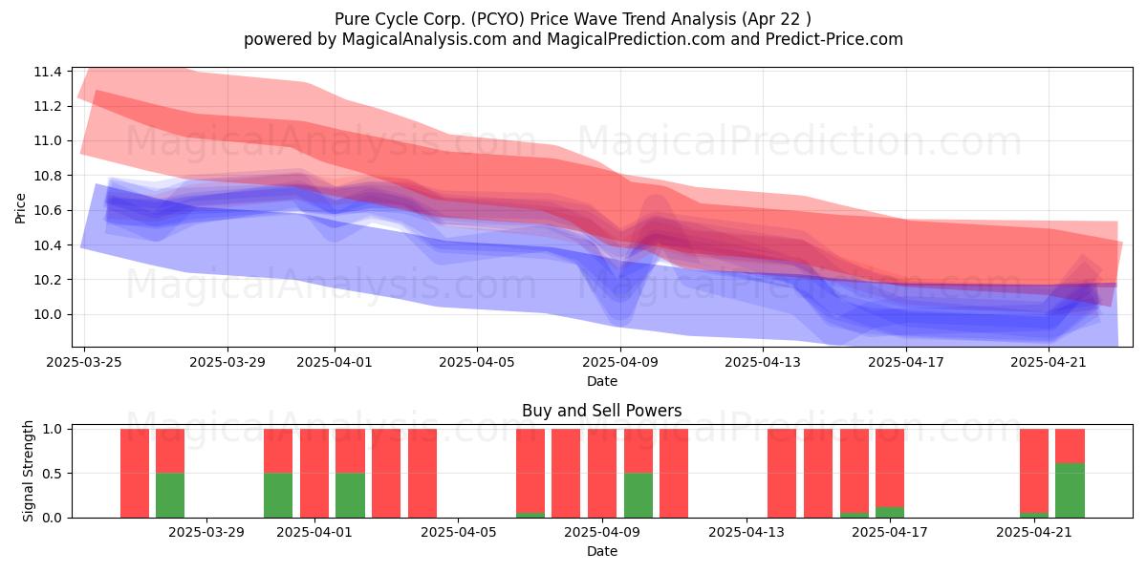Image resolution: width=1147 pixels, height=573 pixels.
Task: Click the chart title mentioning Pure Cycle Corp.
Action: coord(573,19)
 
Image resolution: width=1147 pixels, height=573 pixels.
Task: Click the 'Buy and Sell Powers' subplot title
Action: coord(601,412)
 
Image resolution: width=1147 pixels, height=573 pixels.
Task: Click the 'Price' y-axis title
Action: coord(21,207)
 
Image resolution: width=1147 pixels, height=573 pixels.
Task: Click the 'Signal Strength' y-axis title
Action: coord(29,471)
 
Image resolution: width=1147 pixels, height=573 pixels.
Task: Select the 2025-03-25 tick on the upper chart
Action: coord(84,362)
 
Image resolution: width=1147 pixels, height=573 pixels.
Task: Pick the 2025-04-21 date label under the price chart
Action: coord(1050,362)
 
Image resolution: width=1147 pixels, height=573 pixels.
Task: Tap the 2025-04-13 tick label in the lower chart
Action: coord(746,532)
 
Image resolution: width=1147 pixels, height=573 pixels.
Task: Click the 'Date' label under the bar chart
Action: coord(601,551)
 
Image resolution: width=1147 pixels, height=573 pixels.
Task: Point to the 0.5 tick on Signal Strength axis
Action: coord(54,474)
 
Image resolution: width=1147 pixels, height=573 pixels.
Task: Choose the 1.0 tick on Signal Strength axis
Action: coord(54,430)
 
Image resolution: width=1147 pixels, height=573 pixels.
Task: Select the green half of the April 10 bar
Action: coord(638,495)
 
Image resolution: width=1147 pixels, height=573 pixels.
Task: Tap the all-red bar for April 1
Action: coord(314,473)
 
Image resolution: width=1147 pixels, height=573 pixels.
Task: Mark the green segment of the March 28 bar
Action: coord(170,495)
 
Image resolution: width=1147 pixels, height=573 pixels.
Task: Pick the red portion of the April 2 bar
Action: coord(350,451)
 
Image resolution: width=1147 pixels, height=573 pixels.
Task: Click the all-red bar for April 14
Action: coord(782,473)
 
